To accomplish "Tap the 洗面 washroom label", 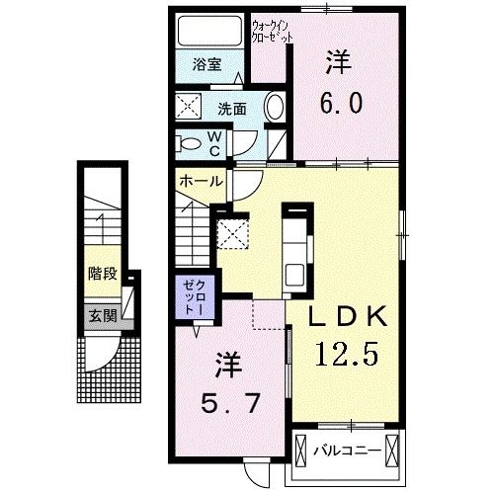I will (x=232, y=108).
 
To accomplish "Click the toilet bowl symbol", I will (x=189, y=142).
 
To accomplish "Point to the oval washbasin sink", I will (x=276, y=108).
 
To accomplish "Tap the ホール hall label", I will (x=201, y=182).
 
